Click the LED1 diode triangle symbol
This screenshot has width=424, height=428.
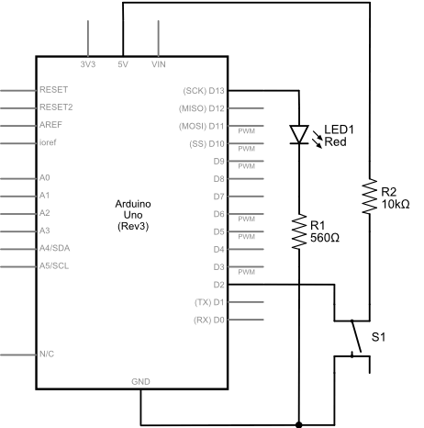(x=299, y=134)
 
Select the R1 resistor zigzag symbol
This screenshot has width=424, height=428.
(x=299, y=231)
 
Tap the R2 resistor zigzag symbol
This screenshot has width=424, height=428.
(x=370, y=197)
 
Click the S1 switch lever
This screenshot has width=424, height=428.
(x=356, y=337)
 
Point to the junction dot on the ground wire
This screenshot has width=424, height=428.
(x=299, y=424)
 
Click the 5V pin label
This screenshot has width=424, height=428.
(x=123, y=64)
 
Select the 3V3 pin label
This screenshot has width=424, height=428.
(x=88, y=64)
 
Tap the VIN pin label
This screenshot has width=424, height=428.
(x=159, y=64)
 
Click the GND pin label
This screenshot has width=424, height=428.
(x=140, y=382)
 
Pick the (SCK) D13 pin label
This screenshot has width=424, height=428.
(x=204, y=91)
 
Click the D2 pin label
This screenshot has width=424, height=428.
(x=219, y=285)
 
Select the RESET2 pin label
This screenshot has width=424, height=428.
(x=56, y=107)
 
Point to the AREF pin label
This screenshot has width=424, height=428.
(x=50, y=125)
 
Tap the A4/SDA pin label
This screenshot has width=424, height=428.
(x=55, y=248)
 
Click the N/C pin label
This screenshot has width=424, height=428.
(x=47, y=354)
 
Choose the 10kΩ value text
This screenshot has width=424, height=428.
(x=396, y=204)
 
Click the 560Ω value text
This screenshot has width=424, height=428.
(x=325, y=238)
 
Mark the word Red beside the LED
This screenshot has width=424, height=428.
(x=335, y=141)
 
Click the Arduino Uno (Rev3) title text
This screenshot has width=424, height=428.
(x=133, y=215)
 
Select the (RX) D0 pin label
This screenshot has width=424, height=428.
(x=209, y=320)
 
